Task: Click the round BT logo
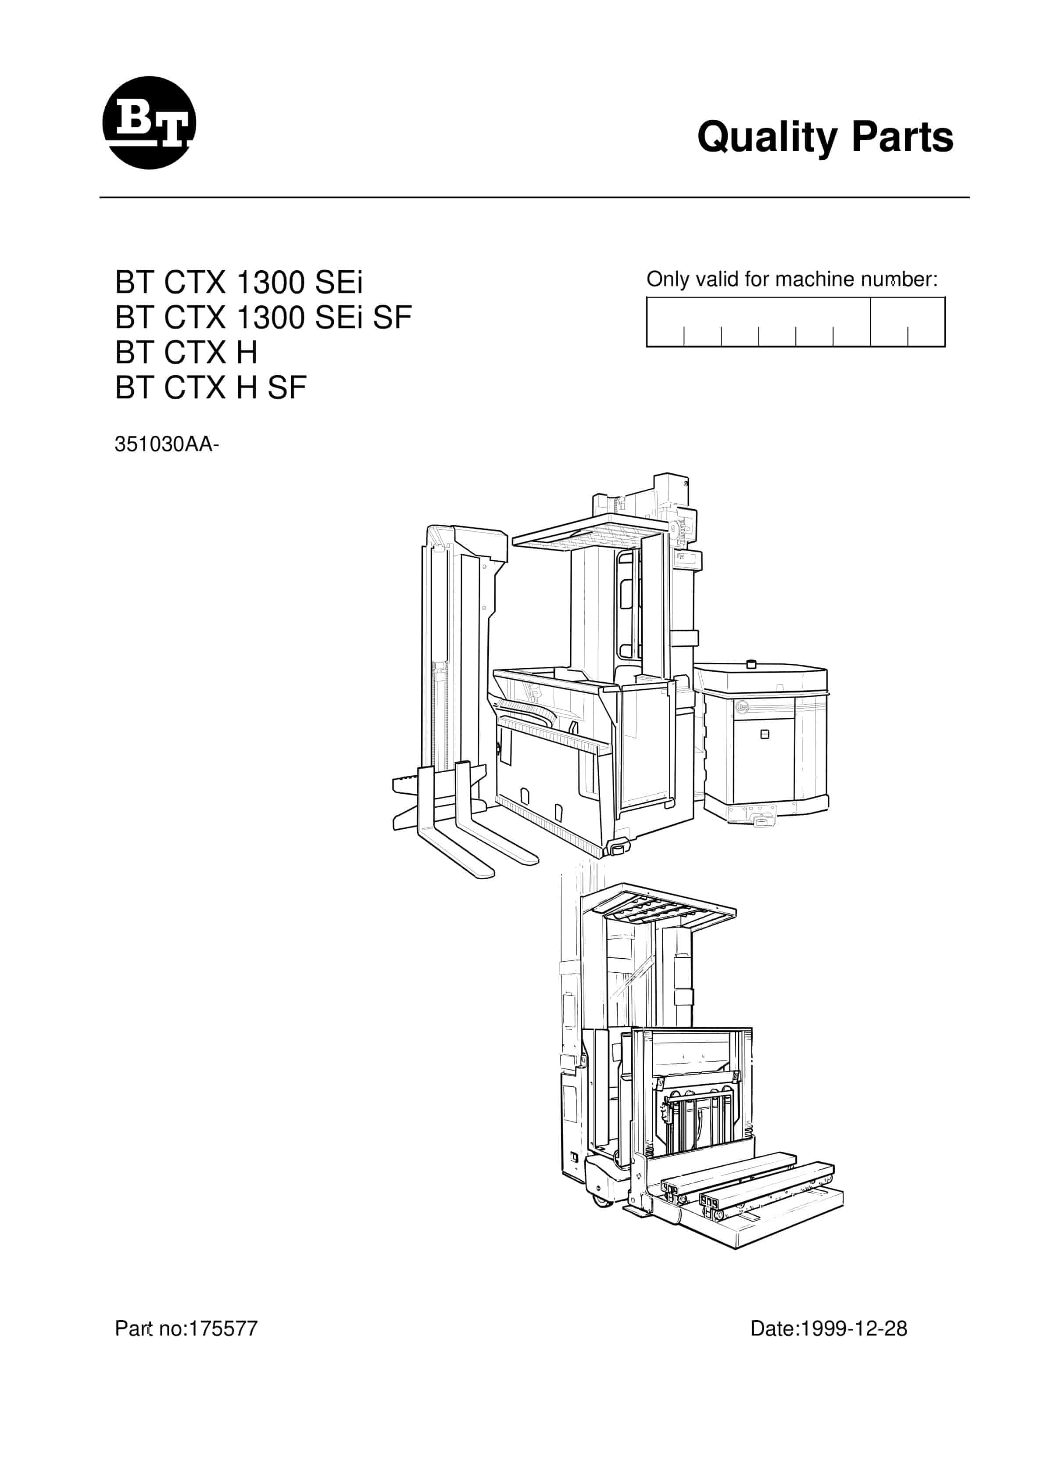point(149,123)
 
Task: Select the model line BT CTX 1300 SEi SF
point(263,317)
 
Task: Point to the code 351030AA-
point(167,444)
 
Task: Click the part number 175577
point(222,1328)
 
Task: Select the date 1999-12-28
point(852,1328)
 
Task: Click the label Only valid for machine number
point(792,279)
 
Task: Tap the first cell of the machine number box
point(665,322)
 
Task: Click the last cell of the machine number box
point(926,322)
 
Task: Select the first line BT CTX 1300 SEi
point(239,282)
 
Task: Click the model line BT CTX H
point(186,352)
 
